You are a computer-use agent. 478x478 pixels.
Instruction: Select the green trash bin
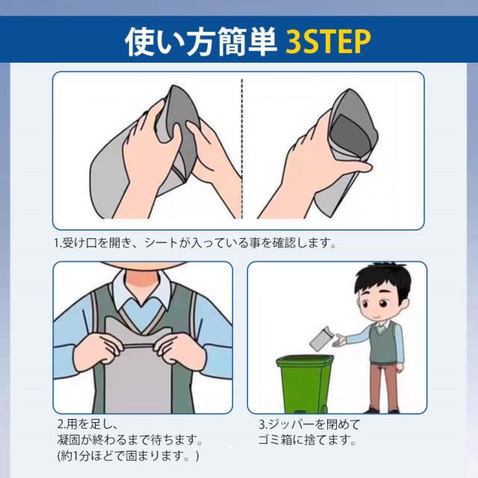click(x=305, y=384)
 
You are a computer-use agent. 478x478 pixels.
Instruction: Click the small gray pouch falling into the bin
click(x=320, y=338)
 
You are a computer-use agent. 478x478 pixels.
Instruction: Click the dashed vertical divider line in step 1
click(x=242, y=149)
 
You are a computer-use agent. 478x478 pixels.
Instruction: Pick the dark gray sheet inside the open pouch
click(x=350, y=134)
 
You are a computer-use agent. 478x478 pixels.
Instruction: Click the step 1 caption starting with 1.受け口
click(x=195, y=243)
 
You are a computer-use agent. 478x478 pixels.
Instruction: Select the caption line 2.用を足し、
click(x=87, y=424)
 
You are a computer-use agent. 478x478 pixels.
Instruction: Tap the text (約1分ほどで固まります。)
click(x=128, y=456)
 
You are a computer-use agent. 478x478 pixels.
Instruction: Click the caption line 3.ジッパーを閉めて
click(x=309, y=424)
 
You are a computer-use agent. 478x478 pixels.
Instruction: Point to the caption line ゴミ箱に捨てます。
click(x=307, y=440)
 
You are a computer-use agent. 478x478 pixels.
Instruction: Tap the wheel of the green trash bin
click(x=323, y=409)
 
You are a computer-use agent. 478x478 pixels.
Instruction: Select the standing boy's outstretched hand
click(x=339, y=340)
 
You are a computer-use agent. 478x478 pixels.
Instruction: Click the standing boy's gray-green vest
click(x=382, y=343)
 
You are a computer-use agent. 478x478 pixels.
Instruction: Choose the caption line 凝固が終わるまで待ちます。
click(x=130, y=440)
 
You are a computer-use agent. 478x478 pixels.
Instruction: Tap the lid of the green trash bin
click(x=305, y=361)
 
